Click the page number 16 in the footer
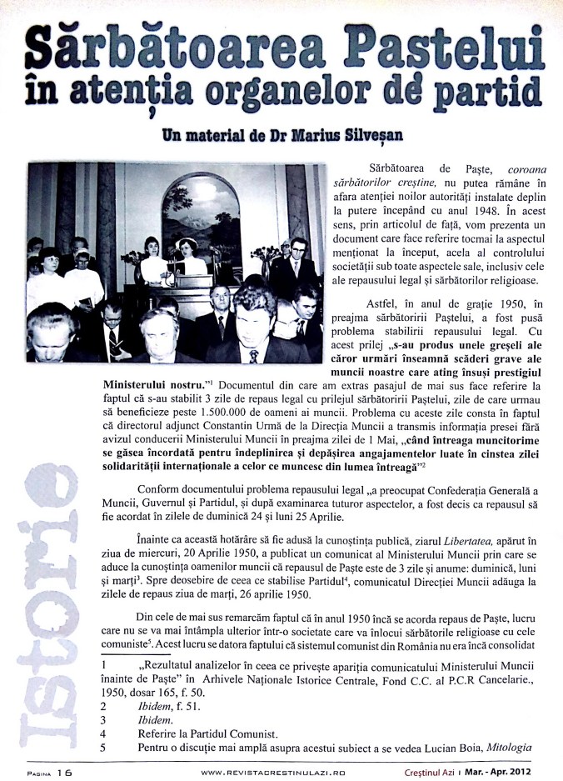64,772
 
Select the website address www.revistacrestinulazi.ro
274,773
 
